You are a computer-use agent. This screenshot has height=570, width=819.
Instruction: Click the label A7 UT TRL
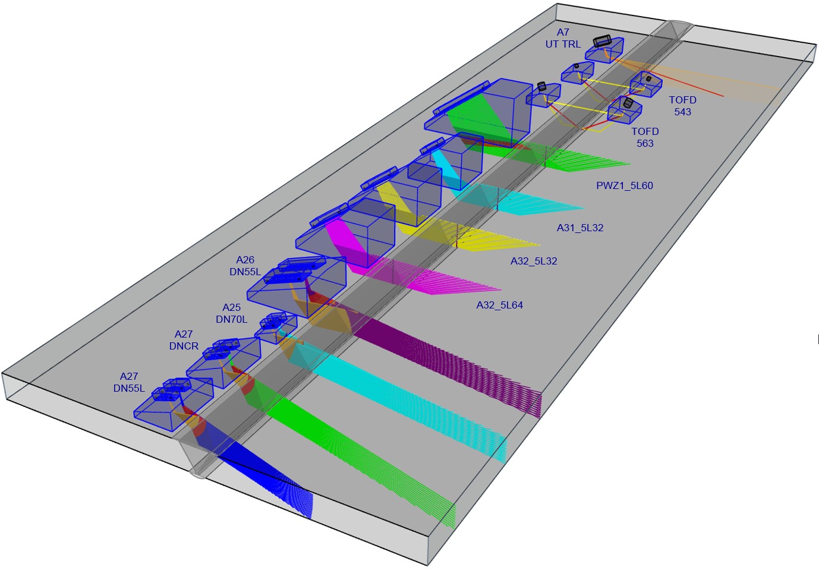coord(563,39)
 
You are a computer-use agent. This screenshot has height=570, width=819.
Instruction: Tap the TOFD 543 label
coord(683,106)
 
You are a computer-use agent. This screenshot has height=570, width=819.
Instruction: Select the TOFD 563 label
coord(645,137)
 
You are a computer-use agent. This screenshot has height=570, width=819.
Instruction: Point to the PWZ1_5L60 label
coord(625,185)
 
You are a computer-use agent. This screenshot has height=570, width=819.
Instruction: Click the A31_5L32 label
coord(580,228)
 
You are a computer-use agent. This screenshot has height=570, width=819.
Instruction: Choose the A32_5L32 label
coord(534,261)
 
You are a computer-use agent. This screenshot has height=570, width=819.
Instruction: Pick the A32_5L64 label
coord(499,305)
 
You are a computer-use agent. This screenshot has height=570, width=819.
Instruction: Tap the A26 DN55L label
coord(245,266)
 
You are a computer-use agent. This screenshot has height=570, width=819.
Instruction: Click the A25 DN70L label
coord(231,313)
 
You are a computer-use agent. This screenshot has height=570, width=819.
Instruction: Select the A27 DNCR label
coord(184,339)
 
